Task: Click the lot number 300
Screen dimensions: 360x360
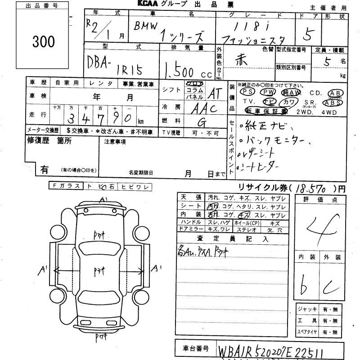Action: pos(44,41)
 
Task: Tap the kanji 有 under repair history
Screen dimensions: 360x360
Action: pos(45,170)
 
